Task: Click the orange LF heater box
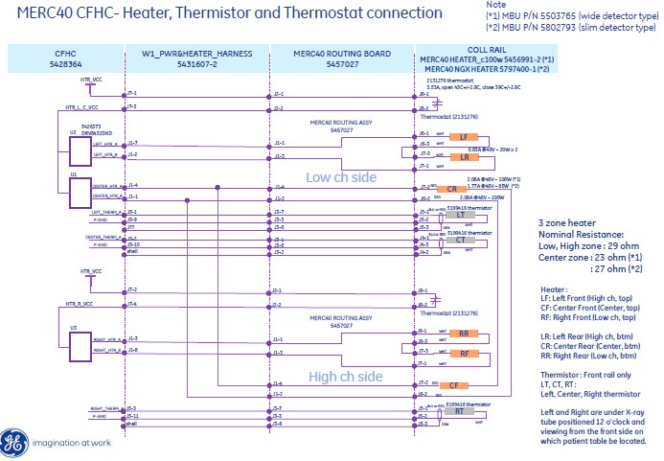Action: pyautogui.click(x=464, y=137)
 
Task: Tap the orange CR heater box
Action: pyautogui.click(x=464, y=188)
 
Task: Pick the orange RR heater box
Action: pyautogui.click(x=464, y=334)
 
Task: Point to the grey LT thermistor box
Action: pyautogui.click(x=461, y=218)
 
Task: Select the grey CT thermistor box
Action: pyautogui.click(x=461, y=242)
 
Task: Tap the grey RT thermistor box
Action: pyautogui.click(x=461, y=414)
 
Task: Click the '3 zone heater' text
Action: pyautogui.click(x=567, y=221)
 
